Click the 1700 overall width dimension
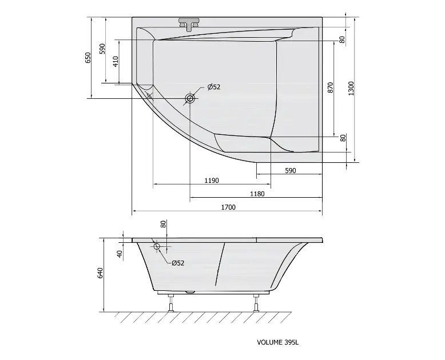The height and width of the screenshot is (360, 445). click(228, 207)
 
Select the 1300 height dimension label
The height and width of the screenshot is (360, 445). click(351, 88)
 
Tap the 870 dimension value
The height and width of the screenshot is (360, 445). click(330, 87)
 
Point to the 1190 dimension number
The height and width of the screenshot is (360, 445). click(212, 181)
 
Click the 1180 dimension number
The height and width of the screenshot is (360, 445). click(257, 194)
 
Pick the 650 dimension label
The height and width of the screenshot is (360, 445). click(88, 58)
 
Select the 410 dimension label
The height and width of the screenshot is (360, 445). click(116, 62)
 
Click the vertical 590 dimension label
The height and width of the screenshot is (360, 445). click(102, 49)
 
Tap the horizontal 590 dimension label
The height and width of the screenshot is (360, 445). click(291, 171)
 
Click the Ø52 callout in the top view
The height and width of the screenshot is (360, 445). click(214, 87)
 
